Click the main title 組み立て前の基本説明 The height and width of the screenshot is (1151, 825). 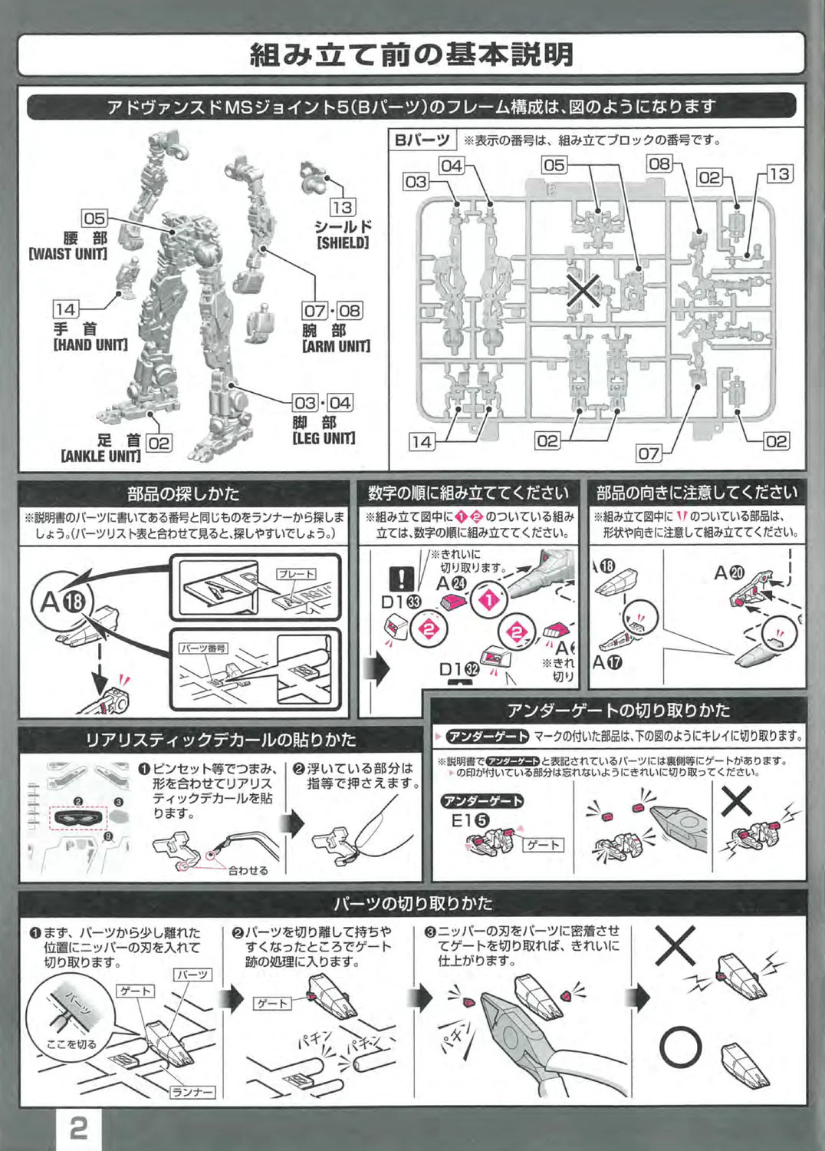412,54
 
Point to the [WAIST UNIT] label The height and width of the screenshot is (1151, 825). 68,253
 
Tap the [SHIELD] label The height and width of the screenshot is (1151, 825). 343,243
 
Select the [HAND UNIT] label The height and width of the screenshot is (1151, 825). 90,345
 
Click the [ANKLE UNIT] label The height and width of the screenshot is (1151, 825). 100,456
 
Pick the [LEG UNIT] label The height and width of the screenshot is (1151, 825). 324,438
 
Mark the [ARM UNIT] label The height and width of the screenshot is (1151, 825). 336,346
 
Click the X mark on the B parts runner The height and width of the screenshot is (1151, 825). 583,292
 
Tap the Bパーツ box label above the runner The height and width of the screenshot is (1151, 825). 422,140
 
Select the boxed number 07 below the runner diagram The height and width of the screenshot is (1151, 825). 649,453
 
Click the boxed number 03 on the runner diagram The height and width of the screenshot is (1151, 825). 416,182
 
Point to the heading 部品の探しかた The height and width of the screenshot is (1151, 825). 183,493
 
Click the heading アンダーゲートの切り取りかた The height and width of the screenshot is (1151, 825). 618,710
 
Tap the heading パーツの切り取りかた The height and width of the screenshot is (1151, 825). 412,902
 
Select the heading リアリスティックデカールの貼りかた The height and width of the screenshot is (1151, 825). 221,740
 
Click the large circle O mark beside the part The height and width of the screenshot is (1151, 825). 680,1047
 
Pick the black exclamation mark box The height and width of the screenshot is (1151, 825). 401,578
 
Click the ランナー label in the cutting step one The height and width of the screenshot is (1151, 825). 192,1092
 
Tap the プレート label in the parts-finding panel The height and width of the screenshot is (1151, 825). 296,574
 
